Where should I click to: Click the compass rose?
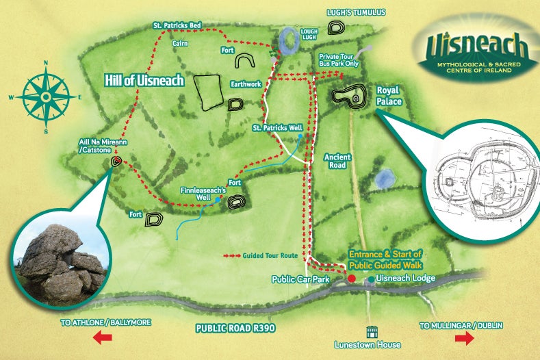(x=44, y=97)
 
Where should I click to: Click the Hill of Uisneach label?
(x=144, y=81)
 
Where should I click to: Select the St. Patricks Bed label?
(x=176, y=25)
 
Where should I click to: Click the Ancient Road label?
(x=337, y=161)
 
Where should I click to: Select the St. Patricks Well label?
(x=277, y=127)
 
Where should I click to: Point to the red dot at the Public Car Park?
(x=352, y=279)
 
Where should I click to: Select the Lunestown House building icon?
(x=373, y=331)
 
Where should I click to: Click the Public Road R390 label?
(x=235, y=327)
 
